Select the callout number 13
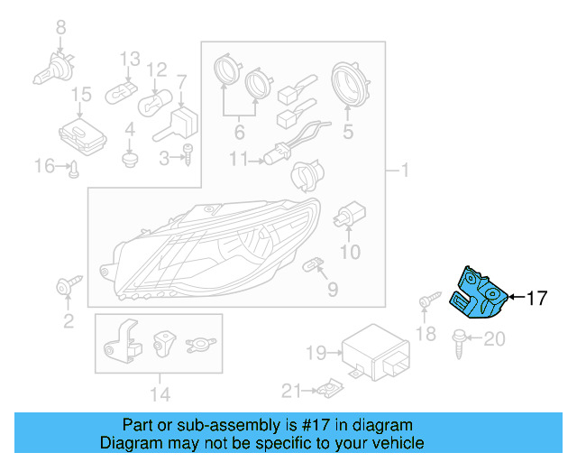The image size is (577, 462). [131, 58]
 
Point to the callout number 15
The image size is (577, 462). [81, 94]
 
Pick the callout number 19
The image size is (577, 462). [315, 352]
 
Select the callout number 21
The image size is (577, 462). [289, 390]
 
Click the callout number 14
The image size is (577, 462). [159, 393]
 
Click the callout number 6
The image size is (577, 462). [239, 132]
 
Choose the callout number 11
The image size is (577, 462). [238, 160]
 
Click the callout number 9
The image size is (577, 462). [333, 290]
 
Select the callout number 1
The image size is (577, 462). [404, 170]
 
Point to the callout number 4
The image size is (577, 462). [130, 129]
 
